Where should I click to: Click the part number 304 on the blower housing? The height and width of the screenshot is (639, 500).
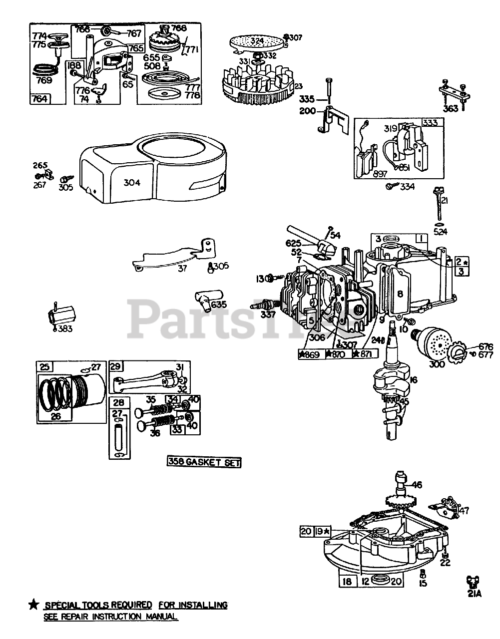coord(132,182)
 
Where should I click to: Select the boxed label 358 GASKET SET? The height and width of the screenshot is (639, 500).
coord(204,463)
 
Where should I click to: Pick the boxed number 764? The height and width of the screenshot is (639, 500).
coord(39,98)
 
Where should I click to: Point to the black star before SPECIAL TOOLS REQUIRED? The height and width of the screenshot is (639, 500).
coord(33,605)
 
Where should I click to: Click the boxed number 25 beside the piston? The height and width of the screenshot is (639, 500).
coord(45,367)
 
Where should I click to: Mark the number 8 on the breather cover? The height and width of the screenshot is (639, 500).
coord(399,294)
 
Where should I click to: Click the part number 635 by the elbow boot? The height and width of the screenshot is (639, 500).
coord(219,304)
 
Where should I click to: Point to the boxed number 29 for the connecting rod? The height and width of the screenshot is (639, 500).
coord(116,367)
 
